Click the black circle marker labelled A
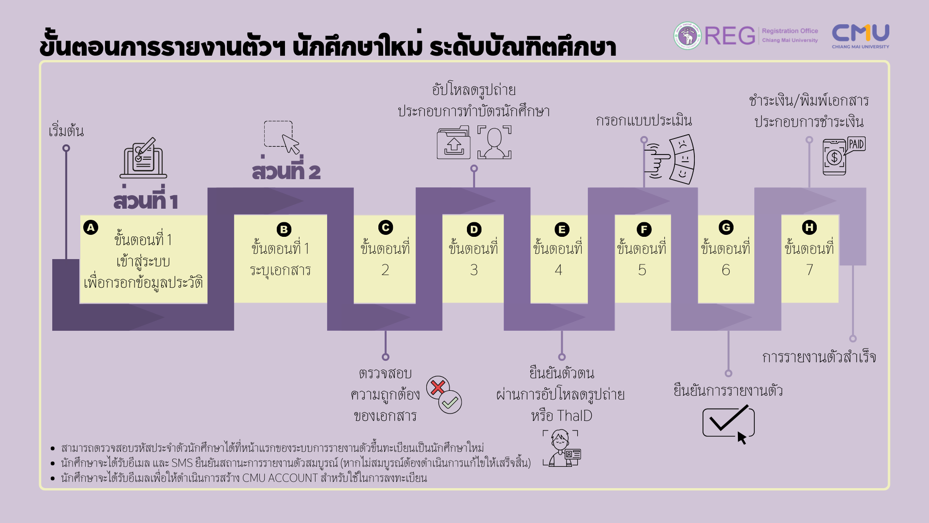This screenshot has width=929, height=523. (x=90, y=227)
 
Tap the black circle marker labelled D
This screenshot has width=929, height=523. (x=474, y=230)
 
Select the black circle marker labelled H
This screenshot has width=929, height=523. (x=809, y=227)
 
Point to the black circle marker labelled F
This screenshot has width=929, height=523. (x=644, y=230)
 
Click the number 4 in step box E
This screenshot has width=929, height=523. (x=558, y=270)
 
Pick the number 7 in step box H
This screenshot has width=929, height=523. (x=809, y=270)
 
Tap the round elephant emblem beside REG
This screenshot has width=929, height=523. (x=687, y=36)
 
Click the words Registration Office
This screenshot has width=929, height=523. (x=790, y=31)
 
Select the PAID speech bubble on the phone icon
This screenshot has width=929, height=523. (x=856, y=144)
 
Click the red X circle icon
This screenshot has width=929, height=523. (x=438, y=387)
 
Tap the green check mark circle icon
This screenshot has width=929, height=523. (x=450, y=402)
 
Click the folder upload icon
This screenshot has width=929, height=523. (x=453, y=142)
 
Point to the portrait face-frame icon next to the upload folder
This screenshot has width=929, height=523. (x=494, y=142)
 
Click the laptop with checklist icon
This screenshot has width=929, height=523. (x=143, y=158)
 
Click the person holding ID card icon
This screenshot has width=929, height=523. (x=562, y=448)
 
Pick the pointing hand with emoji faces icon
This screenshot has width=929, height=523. (x=669, y=159)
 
